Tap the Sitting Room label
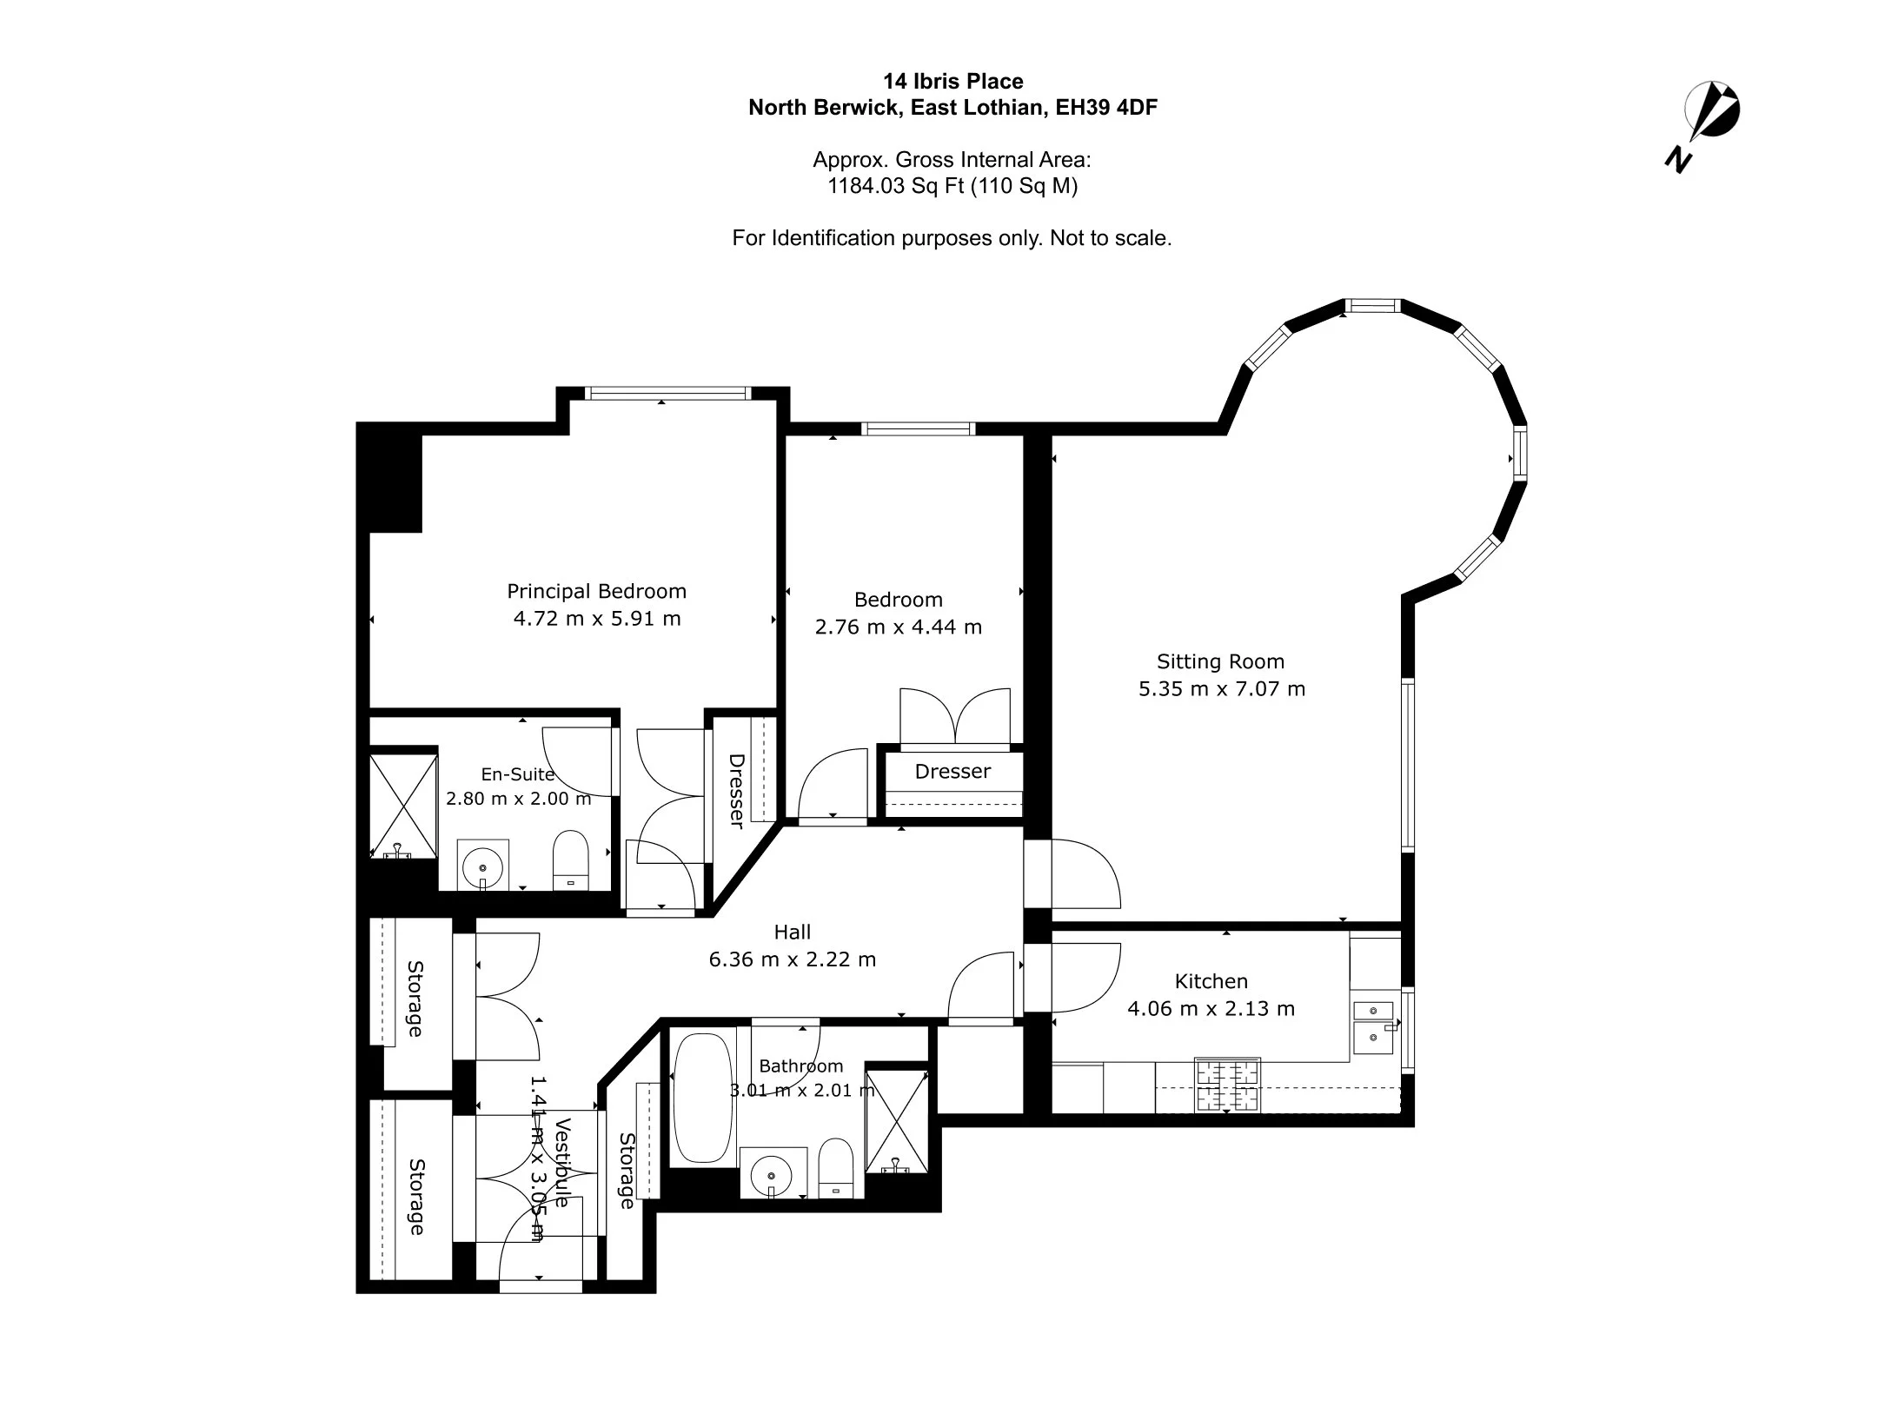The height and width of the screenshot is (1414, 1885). click(1220, 661)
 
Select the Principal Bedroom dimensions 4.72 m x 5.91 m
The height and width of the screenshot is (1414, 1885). click(597, 619)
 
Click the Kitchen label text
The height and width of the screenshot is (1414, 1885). click(1211, 981)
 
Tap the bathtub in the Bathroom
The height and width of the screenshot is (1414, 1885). click(703, 1098)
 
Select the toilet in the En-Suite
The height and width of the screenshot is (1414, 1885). click(571, 860)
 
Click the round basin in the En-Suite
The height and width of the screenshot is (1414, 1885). click(482, 865)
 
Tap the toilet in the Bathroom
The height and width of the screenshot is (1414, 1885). click(837, 1168)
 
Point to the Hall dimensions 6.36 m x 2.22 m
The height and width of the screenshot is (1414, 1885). click(793, 959)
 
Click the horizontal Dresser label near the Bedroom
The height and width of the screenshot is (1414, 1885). click(952, 771)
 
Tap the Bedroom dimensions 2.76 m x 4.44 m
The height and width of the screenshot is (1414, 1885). click(899, 627)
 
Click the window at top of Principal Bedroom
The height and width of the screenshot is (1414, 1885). click(667, 394)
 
